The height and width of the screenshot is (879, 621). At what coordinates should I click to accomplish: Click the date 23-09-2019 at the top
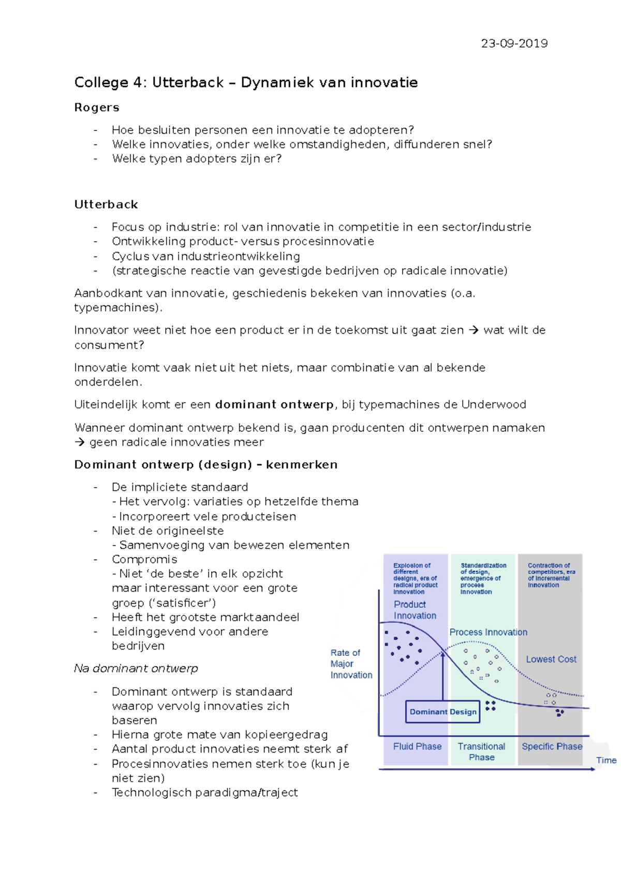(514, 43)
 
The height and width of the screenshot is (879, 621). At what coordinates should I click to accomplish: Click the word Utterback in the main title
(188, 82)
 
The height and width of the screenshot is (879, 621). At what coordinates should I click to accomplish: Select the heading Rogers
(97, 108)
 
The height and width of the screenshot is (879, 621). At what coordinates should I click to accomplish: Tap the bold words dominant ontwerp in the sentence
(274, 404)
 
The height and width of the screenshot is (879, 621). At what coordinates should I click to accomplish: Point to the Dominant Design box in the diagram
(443, 712)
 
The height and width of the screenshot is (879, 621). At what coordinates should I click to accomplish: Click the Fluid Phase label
(417, 746)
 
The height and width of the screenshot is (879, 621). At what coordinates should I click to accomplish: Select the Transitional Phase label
(481, 752)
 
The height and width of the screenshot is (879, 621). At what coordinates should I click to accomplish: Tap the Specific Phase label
(552, 746)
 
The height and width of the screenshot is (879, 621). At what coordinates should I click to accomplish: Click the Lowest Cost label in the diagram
(551, 659)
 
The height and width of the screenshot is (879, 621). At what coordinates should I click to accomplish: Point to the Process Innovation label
(488, 632)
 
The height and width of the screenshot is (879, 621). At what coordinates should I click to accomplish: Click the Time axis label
(606, 760)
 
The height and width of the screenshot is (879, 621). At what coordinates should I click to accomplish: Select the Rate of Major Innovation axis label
(351, 664)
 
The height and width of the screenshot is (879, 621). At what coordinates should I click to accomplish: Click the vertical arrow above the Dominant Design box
(443, 676)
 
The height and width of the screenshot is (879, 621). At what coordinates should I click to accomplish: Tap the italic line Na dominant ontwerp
(136, 668)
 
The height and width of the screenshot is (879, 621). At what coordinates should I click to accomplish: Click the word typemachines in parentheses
(116, 307)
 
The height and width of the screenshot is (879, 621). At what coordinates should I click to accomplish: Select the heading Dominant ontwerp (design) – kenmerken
(205, 464)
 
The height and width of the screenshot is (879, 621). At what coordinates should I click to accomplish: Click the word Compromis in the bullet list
(144, 559)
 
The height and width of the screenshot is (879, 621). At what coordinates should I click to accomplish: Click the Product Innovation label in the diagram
(414, 610)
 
